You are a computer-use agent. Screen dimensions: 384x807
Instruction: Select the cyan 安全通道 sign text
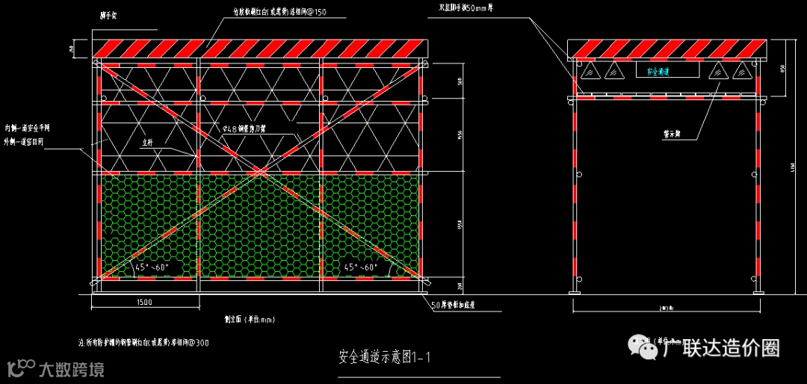[x=658, y=72]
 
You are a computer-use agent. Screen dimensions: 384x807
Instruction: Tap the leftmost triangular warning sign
[x=588, y=72]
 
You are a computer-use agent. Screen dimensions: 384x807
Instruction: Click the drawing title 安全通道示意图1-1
[x=385, y=356]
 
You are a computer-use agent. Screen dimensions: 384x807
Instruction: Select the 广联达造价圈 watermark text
[x=721, y=347]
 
